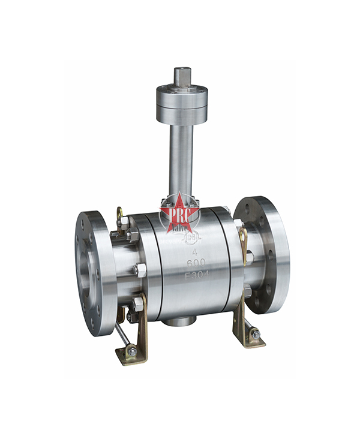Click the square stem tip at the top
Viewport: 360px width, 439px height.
182,77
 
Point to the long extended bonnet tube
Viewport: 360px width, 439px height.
181,156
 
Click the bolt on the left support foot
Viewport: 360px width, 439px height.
131,351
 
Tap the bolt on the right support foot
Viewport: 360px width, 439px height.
255,335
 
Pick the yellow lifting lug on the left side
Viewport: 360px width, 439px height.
120,214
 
